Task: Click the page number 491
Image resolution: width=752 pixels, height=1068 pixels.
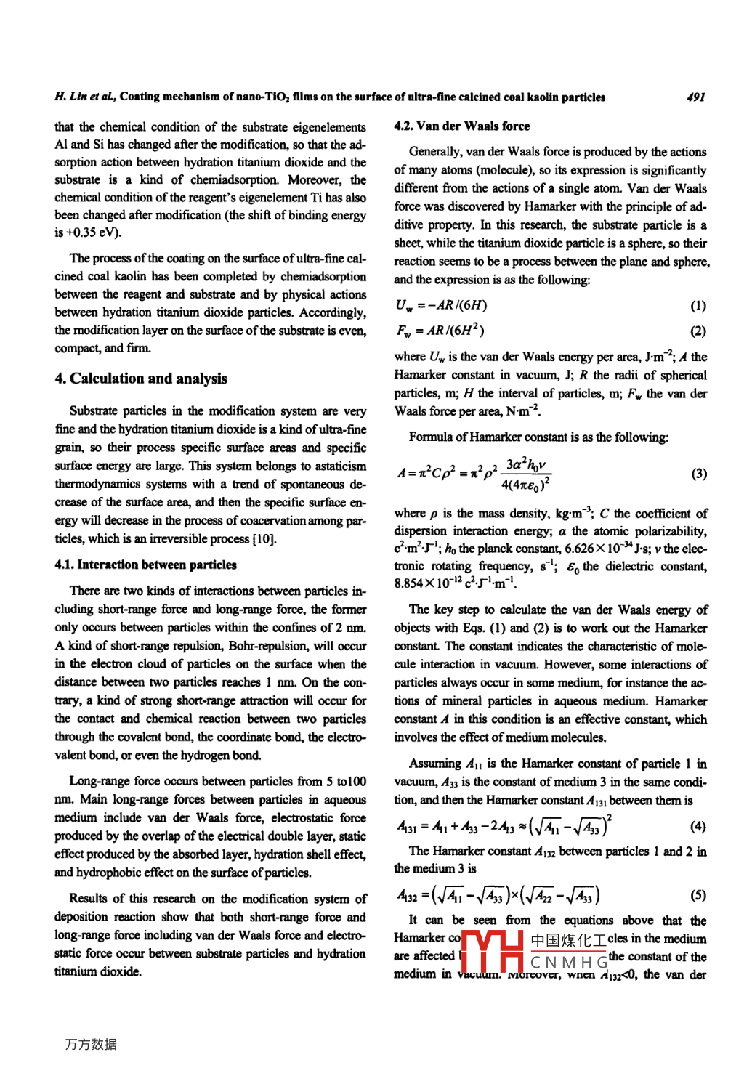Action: pyautogui.click(x=695, y=97)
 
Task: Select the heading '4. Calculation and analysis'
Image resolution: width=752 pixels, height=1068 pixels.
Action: pyautogui.click(x=141, y=379)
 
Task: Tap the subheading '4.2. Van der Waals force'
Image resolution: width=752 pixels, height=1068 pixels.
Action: pyautogui.click(x=462, y=126)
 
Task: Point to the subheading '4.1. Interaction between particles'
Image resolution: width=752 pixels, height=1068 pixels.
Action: pyautogui.click(x=145, y=565)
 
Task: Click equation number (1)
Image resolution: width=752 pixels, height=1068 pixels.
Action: pyautogui.click(x=698, y=306)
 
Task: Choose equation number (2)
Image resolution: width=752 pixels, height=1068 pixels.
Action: pyautogui.click(x=698, y=331)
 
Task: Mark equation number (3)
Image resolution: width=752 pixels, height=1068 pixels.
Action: pyautogui.click(x=698, y=474)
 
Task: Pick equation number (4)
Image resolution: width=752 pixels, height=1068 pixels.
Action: pyautogui.click(x=698, y=826)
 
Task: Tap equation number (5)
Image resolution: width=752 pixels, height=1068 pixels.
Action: pyautogui.click(x=698, y=896)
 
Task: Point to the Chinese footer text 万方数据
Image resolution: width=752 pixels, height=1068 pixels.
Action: pyautogui.click(x=91, y=1044)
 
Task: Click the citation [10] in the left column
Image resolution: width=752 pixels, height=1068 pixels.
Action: pyautogui.click(x=264, y=538)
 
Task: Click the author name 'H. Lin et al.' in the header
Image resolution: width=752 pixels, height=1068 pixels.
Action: pyautogui.click(x=85, y=97)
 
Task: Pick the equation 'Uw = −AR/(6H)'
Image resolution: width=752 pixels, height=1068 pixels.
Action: pyautogui.click(x=442, y=306)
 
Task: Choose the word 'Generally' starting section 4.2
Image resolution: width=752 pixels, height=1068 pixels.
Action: pyautogui.click(x=435, y=152)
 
